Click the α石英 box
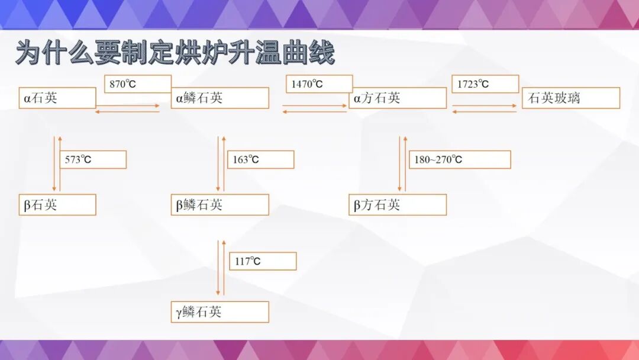point(57,98)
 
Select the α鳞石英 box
point(220,98)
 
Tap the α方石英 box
point(397,98)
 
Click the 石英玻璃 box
point(570,98)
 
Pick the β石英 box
point(57,205)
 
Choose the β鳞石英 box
point(220,205)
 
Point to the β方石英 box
point(397,205)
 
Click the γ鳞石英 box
point(220,312)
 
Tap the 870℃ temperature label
point(137,84)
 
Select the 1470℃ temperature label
point(319,84)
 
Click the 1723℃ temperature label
point(485,84)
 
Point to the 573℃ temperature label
point(92,160)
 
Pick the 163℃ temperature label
point(260,160)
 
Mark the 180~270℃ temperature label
point(459,160)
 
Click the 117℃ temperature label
point(262,261)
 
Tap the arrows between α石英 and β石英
point(57,163)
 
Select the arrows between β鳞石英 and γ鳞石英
point(221,268)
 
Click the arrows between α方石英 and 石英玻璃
point(485,109)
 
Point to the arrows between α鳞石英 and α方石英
point(314,109)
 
